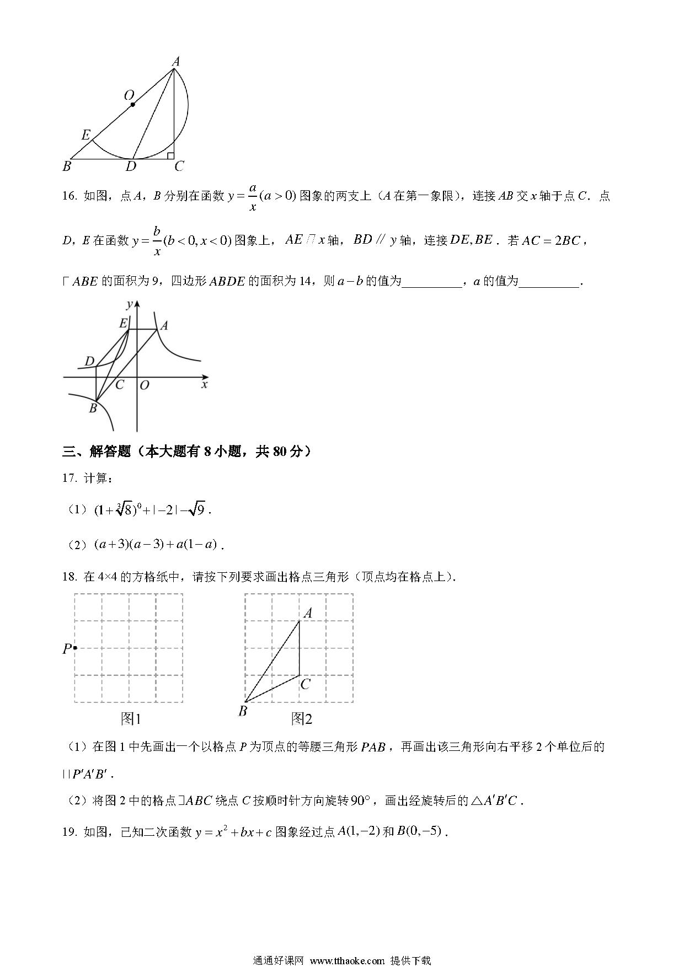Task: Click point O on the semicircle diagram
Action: point(132,104)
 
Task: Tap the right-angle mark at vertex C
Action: point(170,156)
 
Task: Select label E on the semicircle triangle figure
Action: point(86,135)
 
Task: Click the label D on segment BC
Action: point(131,166)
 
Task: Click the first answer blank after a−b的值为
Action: point(432,282)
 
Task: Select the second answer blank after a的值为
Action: point(549,282)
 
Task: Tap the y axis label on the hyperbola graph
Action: point(129,304)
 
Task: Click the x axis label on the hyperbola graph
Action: point(205,384)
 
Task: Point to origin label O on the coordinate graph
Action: point(145,385)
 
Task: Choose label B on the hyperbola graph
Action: point(93,409)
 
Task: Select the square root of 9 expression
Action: point(197,510)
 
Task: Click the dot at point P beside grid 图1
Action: point(74,648)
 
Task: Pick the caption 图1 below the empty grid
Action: point(131,718)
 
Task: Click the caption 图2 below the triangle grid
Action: point(301,718)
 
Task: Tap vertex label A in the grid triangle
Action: point(308,613)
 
